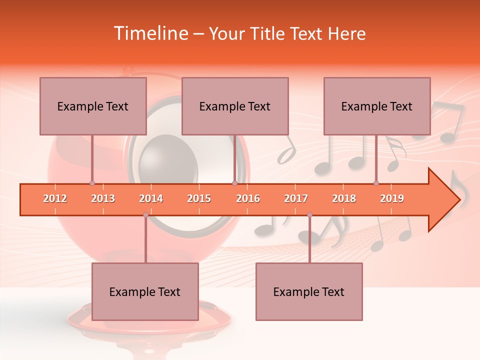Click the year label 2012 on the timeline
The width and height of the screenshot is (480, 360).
[55, 199]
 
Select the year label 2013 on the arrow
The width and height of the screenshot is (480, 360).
[103, 199]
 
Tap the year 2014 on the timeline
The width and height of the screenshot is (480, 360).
[151, 199]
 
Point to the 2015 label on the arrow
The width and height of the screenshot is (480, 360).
[199, 199]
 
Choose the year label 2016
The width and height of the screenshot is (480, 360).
[248, 199]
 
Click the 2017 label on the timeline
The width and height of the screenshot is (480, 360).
[296, 199]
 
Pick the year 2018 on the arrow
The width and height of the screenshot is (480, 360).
[344, 199]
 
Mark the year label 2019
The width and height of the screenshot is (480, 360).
[392, 199]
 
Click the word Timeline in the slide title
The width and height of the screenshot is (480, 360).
[151, 33]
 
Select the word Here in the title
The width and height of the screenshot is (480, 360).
[346, 33]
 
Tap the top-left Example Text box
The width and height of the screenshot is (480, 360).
[93, 106]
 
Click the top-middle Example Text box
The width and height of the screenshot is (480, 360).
[235, 106]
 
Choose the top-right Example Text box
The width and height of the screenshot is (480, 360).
[377, 106]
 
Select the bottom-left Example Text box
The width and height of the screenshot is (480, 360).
[145, 291]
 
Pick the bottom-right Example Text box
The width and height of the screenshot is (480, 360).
[309, 291]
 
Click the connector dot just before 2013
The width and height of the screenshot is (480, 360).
[92, 183]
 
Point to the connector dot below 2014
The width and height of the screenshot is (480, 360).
[145, 215]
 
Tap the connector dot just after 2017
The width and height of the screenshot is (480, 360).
[309, 215]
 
